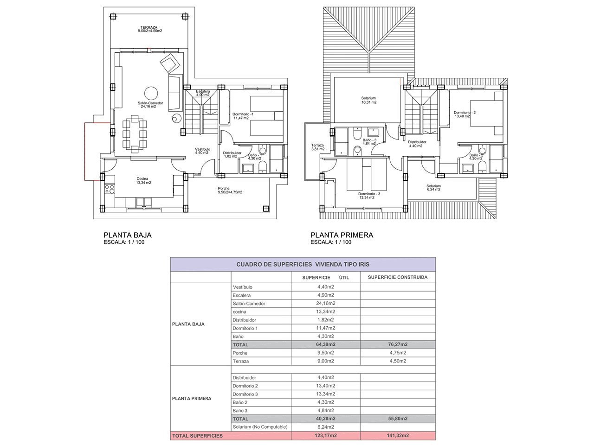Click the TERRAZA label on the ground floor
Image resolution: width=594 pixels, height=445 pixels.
(148, 27)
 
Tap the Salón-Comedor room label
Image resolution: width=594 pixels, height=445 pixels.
(150, 103)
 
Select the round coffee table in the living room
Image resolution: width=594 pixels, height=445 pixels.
(151, 93)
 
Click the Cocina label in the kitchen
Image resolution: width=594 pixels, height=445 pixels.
(142, 178)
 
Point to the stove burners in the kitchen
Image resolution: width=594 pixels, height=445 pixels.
(110, 189)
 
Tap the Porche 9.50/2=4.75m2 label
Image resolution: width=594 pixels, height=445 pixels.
(230, 190)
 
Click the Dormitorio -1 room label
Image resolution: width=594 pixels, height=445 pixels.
(243, 114)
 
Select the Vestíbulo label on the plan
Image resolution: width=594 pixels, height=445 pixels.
(202, 149)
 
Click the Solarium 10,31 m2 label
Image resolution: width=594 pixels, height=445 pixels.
(368, 100)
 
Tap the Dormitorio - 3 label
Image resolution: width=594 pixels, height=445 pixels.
(369, 194)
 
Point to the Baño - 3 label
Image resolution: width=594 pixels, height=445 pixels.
(369, 140)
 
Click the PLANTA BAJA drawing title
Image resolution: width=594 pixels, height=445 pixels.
(128, 235)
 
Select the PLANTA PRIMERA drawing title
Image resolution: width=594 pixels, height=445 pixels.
(342, 235)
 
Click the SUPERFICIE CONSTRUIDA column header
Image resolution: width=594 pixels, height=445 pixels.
(398, 277)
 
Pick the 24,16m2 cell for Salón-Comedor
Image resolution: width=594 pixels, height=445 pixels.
(326, 304)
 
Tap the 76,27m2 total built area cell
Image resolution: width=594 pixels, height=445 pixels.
(398, 344)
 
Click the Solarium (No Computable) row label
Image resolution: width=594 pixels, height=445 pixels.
(260, 427)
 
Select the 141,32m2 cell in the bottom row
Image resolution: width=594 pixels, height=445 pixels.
(398, 436)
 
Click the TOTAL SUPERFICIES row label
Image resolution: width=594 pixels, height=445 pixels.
(197, 436)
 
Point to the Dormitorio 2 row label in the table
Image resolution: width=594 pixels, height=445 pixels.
(245, 386)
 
